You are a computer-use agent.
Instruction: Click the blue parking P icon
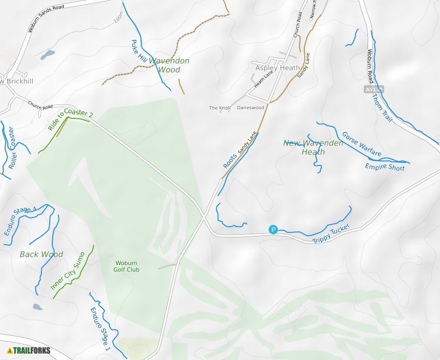273,230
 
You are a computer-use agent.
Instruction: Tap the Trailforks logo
29,350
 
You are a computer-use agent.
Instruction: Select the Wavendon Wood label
169,65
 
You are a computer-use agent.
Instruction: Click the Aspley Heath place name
277,68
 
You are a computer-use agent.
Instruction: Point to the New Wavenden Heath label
313,147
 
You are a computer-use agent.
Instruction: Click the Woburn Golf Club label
127,266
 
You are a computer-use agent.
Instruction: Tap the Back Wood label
41,254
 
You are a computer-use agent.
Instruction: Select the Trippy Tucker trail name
331,234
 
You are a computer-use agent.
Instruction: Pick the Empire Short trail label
385,167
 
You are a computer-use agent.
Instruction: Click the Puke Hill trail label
139,52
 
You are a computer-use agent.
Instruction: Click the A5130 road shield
373,89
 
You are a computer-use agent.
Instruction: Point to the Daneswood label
251,108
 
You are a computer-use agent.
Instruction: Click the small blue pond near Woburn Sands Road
48,54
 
